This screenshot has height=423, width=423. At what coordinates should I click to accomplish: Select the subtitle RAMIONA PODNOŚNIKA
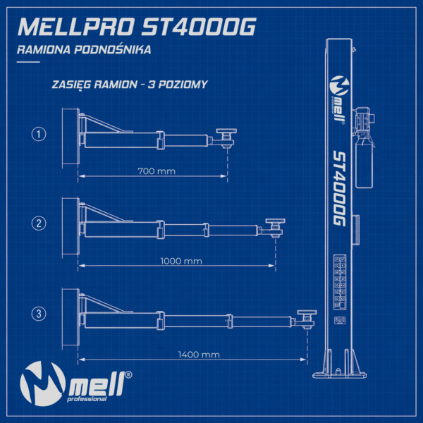point(83,51)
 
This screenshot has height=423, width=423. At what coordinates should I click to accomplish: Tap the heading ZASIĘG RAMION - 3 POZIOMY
point(130,85)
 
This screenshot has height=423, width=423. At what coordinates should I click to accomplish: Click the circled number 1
point(40,133)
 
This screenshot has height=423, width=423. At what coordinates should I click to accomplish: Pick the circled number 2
point(40,223)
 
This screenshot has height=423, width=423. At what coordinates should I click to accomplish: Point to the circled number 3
point(40,312)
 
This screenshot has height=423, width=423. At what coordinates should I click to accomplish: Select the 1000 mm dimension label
point(182,261)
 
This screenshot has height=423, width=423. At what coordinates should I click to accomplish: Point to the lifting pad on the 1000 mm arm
point(274,222)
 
